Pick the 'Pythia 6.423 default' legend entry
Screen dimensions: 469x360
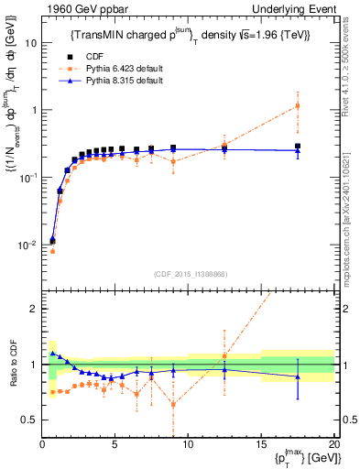click(128, 68)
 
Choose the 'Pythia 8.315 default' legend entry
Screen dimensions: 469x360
click(128, 81)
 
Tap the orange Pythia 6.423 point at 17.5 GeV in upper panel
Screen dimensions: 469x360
click(297, 105)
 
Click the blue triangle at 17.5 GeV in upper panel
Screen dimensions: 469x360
click(297, 148)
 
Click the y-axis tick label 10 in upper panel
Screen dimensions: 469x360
click(30, 43)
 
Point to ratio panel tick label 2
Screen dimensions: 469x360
click(32, 309)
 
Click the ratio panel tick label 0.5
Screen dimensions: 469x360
click(28, 420)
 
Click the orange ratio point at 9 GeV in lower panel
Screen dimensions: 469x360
click(173, 404)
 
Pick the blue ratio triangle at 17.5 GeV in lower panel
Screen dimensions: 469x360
click(297, 376)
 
